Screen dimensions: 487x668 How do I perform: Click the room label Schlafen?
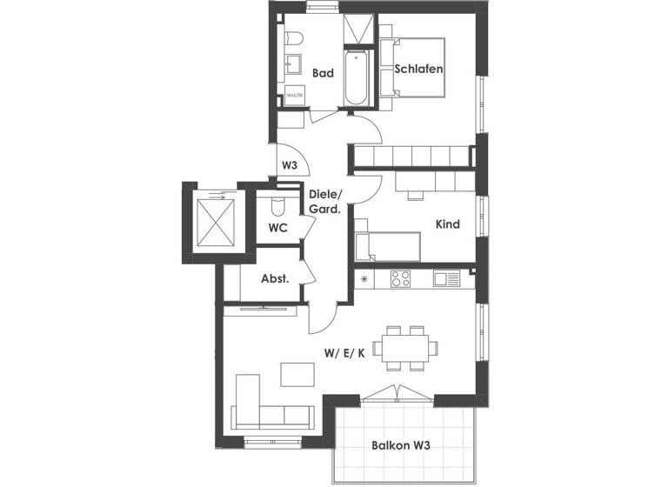419,70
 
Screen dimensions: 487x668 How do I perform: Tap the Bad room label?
324,75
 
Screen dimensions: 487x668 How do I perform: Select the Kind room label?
447,224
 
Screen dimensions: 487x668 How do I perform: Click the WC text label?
278,228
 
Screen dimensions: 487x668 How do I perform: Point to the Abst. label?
275,279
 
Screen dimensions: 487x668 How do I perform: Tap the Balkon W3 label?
402,445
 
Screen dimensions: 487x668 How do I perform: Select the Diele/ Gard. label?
324,202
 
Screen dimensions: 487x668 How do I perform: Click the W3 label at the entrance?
290,165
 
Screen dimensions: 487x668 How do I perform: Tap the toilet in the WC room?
277,207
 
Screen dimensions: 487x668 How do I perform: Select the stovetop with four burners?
401,279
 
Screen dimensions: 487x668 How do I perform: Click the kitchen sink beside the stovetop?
446,279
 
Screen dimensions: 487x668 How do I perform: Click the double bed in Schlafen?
417,68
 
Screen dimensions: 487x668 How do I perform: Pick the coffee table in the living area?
296,374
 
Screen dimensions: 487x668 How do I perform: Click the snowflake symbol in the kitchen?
364,279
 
